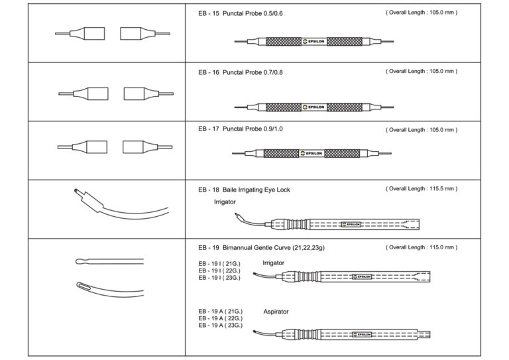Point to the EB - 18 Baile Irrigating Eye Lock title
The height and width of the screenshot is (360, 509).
244,190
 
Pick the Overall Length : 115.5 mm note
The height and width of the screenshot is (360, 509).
421,189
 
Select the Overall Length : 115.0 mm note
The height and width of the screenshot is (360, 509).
421,247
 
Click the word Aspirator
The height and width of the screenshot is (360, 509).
276,311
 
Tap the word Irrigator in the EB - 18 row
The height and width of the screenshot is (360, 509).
225,202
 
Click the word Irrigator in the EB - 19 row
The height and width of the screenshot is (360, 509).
273,263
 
